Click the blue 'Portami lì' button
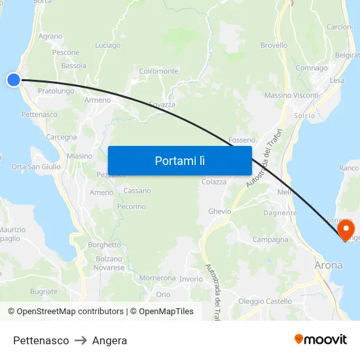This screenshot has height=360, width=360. [x=179, y=160]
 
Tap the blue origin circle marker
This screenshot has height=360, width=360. [x=14, y=80]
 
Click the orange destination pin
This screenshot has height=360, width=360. [x=346, y=230]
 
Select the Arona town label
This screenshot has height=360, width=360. [x=328, y=266]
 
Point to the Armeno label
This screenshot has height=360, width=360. [x=98, y=100]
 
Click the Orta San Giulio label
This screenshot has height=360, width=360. [x=36, y=167]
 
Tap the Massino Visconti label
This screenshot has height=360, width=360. [x=291, y=96]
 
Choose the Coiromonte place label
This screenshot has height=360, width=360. [x=158, y=71]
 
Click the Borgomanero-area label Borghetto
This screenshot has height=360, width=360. [x=104, y=245]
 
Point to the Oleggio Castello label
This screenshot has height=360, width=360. [x=265, y=301]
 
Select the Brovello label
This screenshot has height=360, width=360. [x=274, y=46]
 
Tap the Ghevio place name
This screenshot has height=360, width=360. [x=220, y=211]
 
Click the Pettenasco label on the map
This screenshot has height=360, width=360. [x=39, y=115]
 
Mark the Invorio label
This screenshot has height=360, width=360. [x=191, y=279]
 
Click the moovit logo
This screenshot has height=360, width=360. [x=320, y=340]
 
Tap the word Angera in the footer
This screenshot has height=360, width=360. [x=109, y=340]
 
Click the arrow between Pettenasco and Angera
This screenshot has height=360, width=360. [x=81, y=340]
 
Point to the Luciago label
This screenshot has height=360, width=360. [x=107, y=46]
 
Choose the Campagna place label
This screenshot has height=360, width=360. [x=270, y=240]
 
